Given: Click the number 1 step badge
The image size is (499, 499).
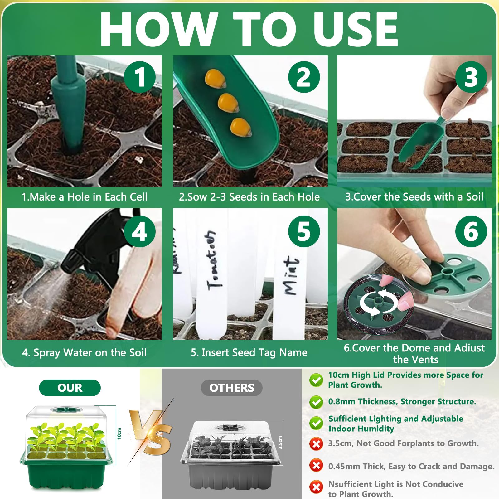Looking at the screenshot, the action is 140,77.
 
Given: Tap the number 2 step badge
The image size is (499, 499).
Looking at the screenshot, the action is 304,77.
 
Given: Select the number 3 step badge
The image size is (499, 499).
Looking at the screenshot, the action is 471,77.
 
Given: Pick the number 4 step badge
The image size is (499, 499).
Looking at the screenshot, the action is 140,231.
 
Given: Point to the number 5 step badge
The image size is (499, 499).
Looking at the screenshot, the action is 304,231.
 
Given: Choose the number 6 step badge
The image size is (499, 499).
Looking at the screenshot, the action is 471,231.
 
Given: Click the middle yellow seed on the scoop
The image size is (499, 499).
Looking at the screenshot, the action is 228,103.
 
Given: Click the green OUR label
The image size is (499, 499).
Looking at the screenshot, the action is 70,388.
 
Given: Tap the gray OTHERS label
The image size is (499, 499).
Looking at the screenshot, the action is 231,388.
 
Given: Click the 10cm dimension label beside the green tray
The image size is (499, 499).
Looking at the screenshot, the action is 119,434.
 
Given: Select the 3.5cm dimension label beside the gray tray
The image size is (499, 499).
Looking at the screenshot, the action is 280,442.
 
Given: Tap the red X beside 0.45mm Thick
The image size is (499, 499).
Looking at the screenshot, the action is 316,466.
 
